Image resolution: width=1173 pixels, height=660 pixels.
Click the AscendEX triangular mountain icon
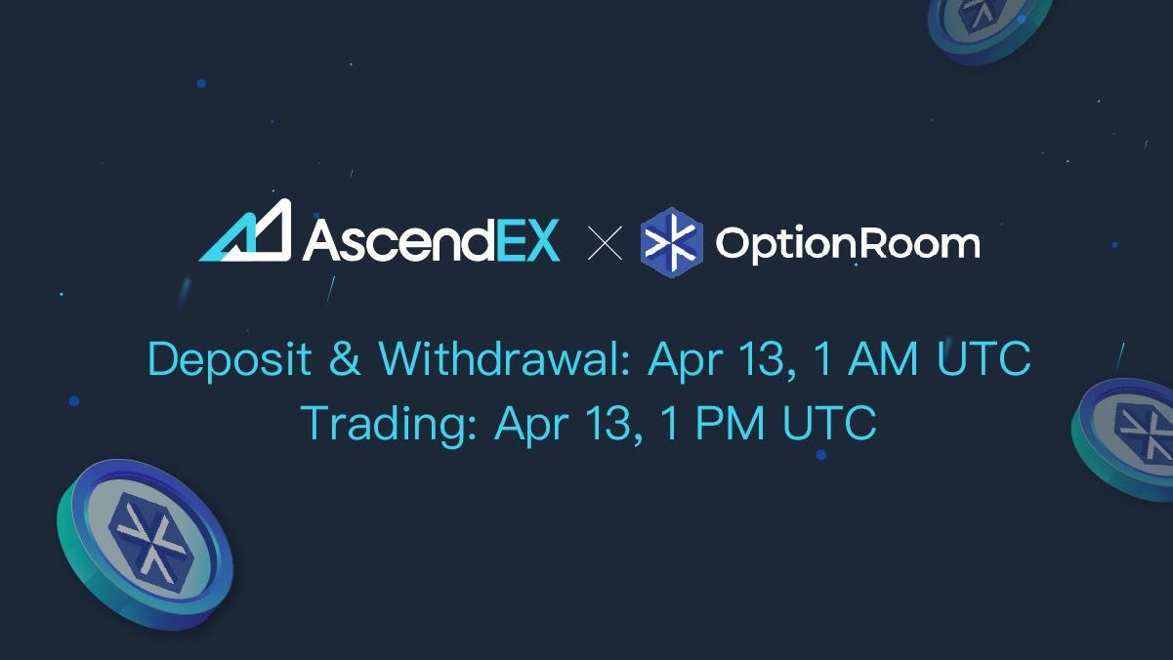tap(245, 231)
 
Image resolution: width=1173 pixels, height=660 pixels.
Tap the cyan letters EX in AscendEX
tap(527, 240)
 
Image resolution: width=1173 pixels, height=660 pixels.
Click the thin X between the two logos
tap(606, 243)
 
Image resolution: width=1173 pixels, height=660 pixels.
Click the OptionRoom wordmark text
tap(847, 243)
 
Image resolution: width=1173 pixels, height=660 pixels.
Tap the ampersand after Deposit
tap(345, 360)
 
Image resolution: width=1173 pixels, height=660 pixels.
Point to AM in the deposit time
tap(883, 360)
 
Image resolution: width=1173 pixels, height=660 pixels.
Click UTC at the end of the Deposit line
tap(984, 360)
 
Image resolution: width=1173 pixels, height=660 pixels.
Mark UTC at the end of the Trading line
tap(829, 423)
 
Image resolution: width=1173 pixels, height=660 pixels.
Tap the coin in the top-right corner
tap(988, 25)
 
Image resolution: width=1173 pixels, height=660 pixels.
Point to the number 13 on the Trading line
tap(607, 423)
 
